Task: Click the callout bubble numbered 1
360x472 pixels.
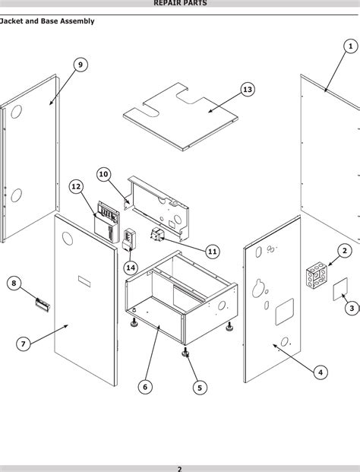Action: pos(350,46)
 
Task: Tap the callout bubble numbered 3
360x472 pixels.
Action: pos(351,308)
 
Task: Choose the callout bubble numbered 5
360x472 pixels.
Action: pos(200,387)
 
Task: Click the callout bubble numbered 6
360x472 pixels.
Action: pos(145,387)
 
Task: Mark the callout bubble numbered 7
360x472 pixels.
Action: pos(24,344)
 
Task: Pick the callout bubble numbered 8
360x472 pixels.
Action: pos(14,284)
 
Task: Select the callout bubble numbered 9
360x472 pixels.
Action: pos(80,65)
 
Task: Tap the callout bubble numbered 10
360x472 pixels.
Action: pos(104,174)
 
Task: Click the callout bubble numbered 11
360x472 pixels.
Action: pos(212,251)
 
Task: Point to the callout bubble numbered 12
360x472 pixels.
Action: pos(76,186)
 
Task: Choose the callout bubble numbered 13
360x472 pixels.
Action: pos(247,90)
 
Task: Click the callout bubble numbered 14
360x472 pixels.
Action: pos(131,267)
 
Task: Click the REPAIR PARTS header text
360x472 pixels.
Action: pos(180,4)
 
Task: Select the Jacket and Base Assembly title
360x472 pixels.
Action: pos(47,21)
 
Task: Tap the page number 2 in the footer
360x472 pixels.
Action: pos(180,467)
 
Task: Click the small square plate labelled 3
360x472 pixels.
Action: pos(339,290)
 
